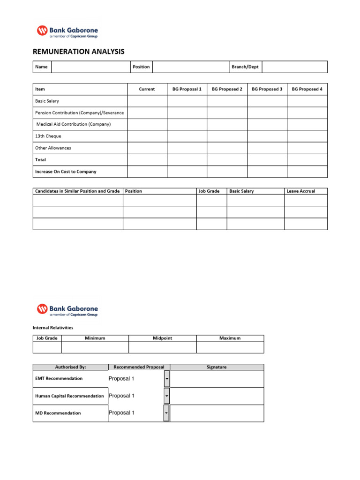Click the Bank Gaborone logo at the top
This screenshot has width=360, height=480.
[67, 31]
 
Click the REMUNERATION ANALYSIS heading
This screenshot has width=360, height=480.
[78, 52]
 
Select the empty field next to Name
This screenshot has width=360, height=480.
[90, 67]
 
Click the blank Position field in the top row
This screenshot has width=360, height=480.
[190, 67]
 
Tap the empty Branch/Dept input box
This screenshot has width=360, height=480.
[294, 67]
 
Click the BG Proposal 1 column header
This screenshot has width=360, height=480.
[187, 89]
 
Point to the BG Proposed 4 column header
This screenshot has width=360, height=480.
[307, 89]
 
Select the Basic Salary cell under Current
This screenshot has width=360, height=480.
[147, 101]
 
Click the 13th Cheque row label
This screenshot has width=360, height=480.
[48, 136]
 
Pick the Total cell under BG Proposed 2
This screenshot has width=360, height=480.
[227, 160]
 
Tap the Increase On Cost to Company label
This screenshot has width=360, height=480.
[66, 172]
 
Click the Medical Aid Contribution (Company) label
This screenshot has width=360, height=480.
[73, 124]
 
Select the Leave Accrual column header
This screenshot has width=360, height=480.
[301, 191]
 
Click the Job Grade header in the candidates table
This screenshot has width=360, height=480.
[209, 191]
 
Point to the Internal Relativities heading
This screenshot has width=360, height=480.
[53, 328]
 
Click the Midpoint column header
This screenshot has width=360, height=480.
[162, 338]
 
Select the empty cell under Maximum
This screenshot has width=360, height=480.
[230, 347]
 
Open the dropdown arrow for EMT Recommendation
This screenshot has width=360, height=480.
[167, 379]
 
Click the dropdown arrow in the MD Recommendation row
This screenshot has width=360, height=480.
[166, 413]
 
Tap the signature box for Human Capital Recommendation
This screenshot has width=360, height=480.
[217, 396]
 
